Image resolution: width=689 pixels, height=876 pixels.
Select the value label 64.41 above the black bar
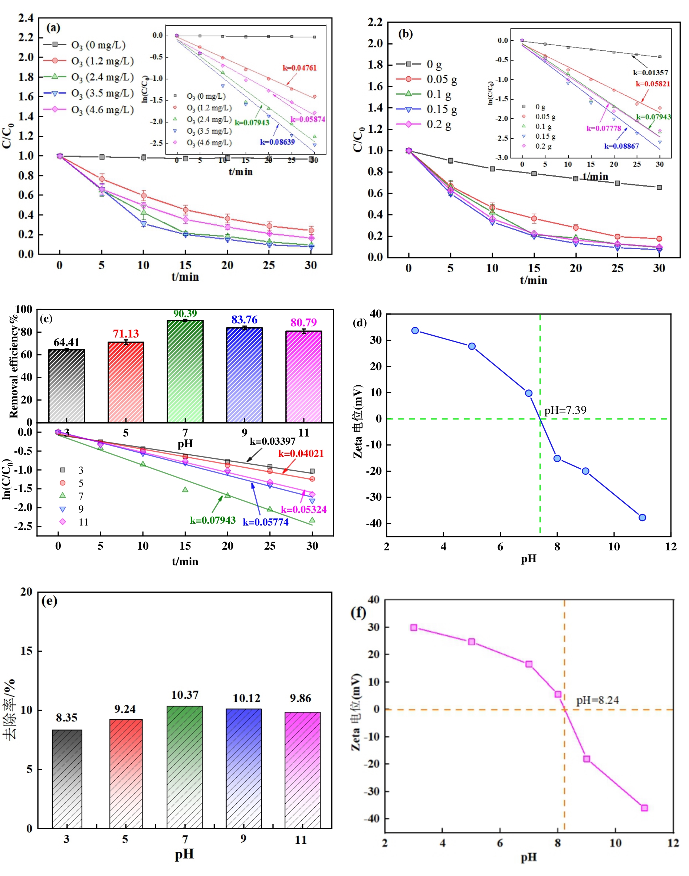point(66,342)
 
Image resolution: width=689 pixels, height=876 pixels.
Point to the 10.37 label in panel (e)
point(185,695)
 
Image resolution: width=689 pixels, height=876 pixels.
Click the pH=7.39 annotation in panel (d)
point(565,411)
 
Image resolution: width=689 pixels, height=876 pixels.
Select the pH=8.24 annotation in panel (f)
point(597,700)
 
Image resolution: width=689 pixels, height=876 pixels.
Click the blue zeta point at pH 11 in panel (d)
point(642,517)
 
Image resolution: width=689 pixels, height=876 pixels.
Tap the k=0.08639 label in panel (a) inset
point(277,142)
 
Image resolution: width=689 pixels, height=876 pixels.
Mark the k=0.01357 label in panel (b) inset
point(650,73)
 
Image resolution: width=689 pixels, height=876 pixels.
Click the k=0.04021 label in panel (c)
point(301,454)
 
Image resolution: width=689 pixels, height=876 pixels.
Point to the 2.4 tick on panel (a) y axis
point(26,18)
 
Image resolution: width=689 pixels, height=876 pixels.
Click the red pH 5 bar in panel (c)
point(126,382)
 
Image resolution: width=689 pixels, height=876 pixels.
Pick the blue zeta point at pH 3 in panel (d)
point(415,330)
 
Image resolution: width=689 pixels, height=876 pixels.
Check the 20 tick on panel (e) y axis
point(27,592)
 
